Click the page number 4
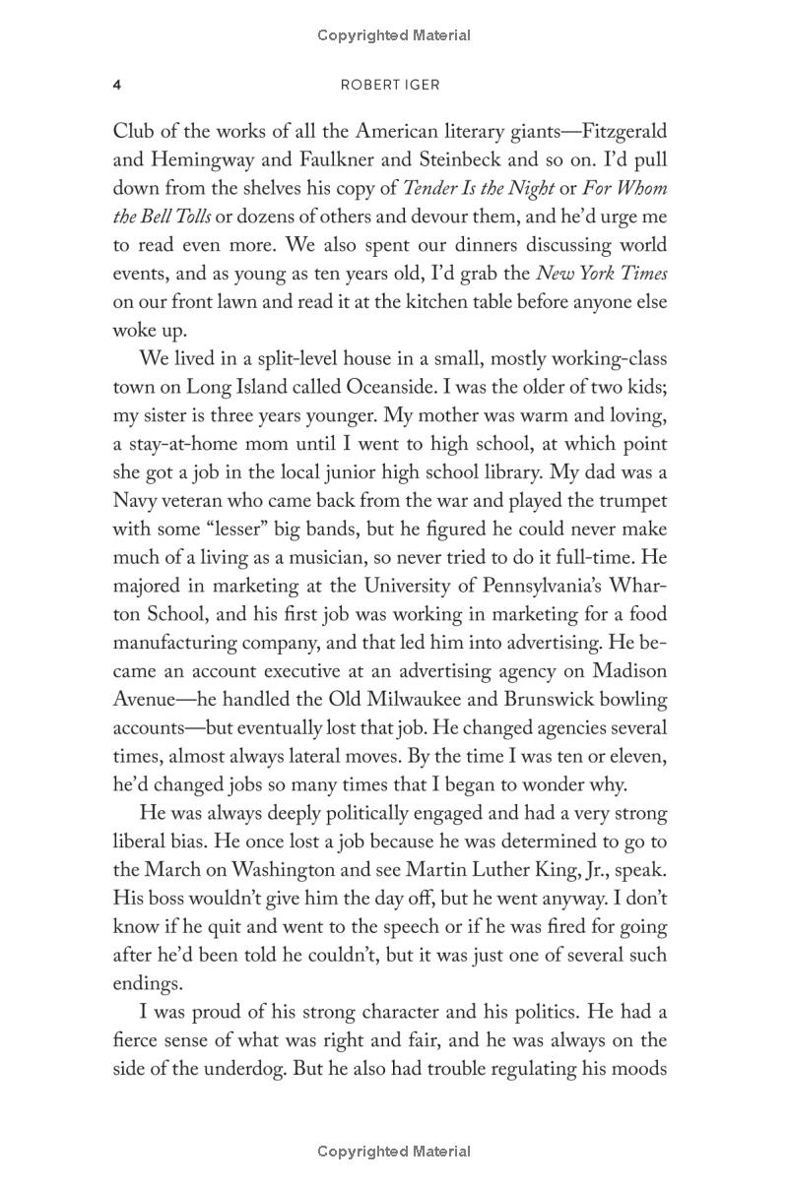tap(117, 85)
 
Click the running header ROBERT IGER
tap(394, 85)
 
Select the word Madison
tap(629, 671)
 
